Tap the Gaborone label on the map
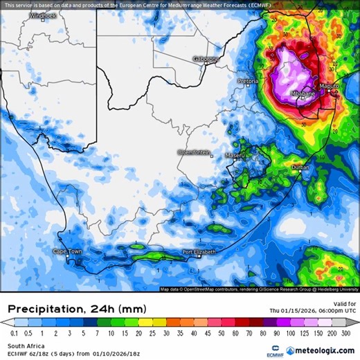point(206,59)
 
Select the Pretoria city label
point(248,81)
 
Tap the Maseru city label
point(235,156)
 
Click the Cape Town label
point(68,251)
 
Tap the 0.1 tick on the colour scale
point(13,333)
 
